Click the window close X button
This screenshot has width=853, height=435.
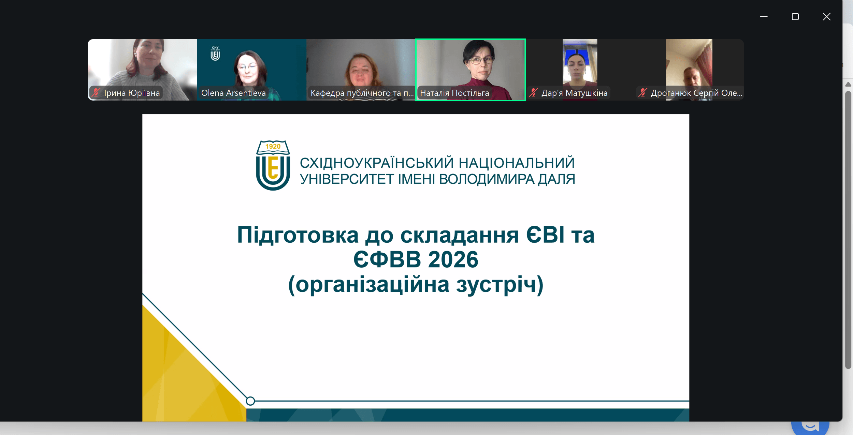(826, 17)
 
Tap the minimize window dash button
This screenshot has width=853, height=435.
(764, 17)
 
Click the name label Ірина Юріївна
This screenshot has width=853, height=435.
(132, 93)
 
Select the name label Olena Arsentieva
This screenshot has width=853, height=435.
(233, 93)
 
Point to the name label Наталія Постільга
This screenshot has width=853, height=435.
(454, 93)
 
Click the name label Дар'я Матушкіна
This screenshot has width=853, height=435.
(575, 93)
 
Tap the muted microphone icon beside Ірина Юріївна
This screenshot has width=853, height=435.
(96, 92)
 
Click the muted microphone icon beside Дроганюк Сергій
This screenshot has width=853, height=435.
(643, 92)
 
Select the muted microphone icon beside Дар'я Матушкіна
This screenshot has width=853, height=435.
(533, 92)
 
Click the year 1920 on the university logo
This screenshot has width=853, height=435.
(273, 146)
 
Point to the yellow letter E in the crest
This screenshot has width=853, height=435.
(273, 168)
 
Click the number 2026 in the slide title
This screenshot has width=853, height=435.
(453, 259)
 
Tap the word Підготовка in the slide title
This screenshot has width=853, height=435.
(298, 235)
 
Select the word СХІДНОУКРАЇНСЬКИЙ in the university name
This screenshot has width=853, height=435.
(377, 163)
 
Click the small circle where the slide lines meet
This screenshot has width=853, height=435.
(250, 401)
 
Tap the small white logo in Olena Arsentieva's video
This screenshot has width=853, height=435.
(215, 54)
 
